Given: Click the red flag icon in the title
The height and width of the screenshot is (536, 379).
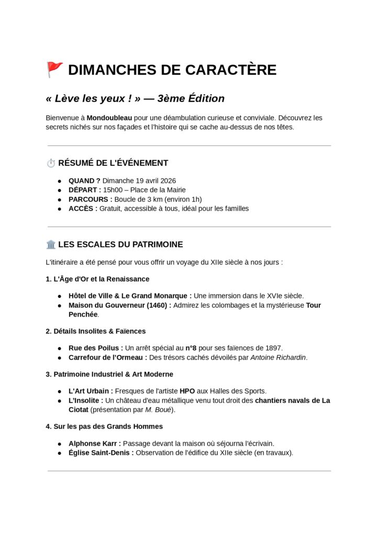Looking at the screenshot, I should (54, 69).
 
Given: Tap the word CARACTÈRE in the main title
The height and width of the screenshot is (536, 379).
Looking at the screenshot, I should (231, 70).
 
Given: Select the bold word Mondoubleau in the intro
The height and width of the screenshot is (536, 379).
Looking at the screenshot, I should (109, 118).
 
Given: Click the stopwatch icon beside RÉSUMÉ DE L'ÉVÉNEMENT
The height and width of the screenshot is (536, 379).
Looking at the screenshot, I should (51, 163).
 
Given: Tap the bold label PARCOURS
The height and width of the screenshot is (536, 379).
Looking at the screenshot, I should (89, 199).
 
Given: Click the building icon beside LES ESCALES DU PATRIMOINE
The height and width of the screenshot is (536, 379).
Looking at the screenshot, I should (51, 244).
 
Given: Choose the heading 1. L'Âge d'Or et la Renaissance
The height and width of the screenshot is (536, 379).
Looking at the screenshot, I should (97, 279).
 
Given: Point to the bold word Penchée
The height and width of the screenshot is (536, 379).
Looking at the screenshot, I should (83, 315).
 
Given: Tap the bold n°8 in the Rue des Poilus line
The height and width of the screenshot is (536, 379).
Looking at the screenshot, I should (191, 348).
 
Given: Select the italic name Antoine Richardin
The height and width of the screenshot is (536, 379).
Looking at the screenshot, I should (278, 358).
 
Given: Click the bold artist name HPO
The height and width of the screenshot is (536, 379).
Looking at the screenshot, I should (187, 391).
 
